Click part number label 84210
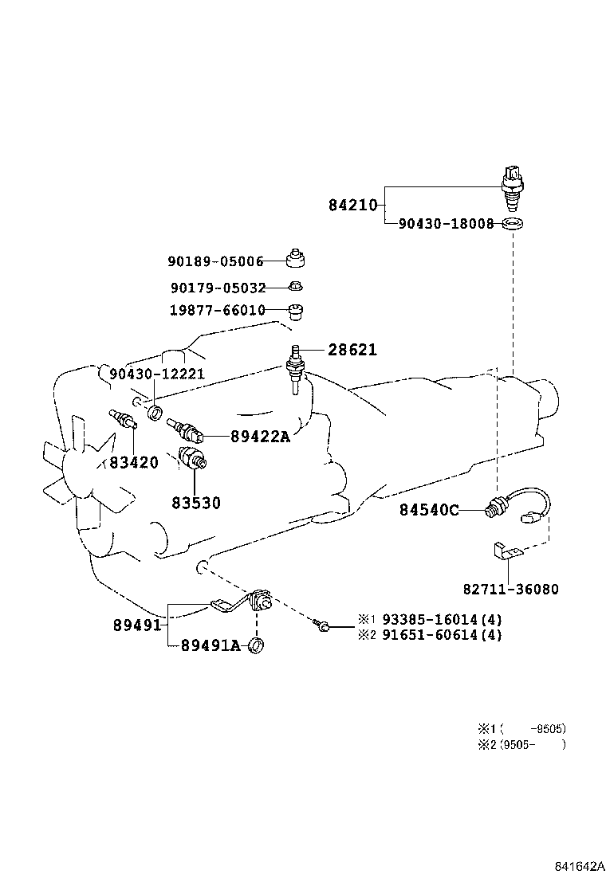coord(352,206)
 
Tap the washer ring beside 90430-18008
coord(514,224)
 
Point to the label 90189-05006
coord(215,261)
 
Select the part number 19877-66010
coord(216,310)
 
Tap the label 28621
coord(352,350)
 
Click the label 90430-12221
coord(157,374)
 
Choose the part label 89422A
coord(260,437)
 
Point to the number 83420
coord(134,462)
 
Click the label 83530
coord(195,504)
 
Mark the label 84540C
coord(429,510)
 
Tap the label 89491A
coord(210,645)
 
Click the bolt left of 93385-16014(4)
coord(322,625)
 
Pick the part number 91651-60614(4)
coord(442,635)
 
